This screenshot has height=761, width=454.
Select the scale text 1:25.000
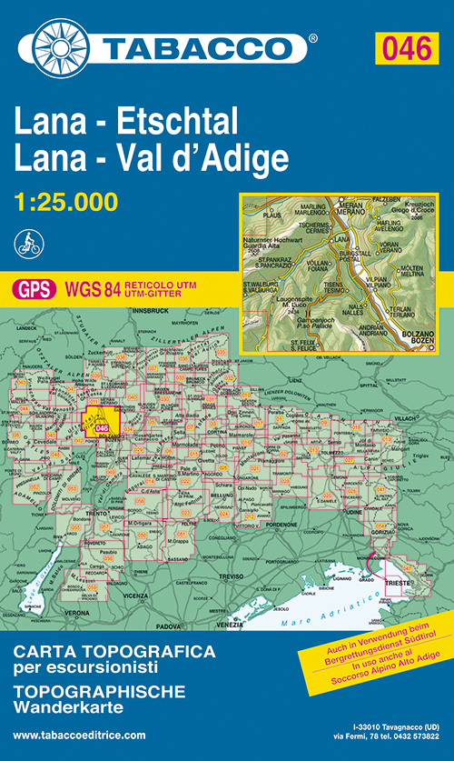[66, 202]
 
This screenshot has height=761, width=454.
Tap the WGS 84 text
[94, 289]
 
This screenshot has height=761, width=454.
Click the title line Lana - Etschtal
[125, 121]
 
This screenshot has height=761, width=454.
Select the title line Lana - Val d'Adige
[152, 158]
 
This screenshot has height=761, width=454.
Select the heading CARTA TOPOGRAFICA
[114, 651]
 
